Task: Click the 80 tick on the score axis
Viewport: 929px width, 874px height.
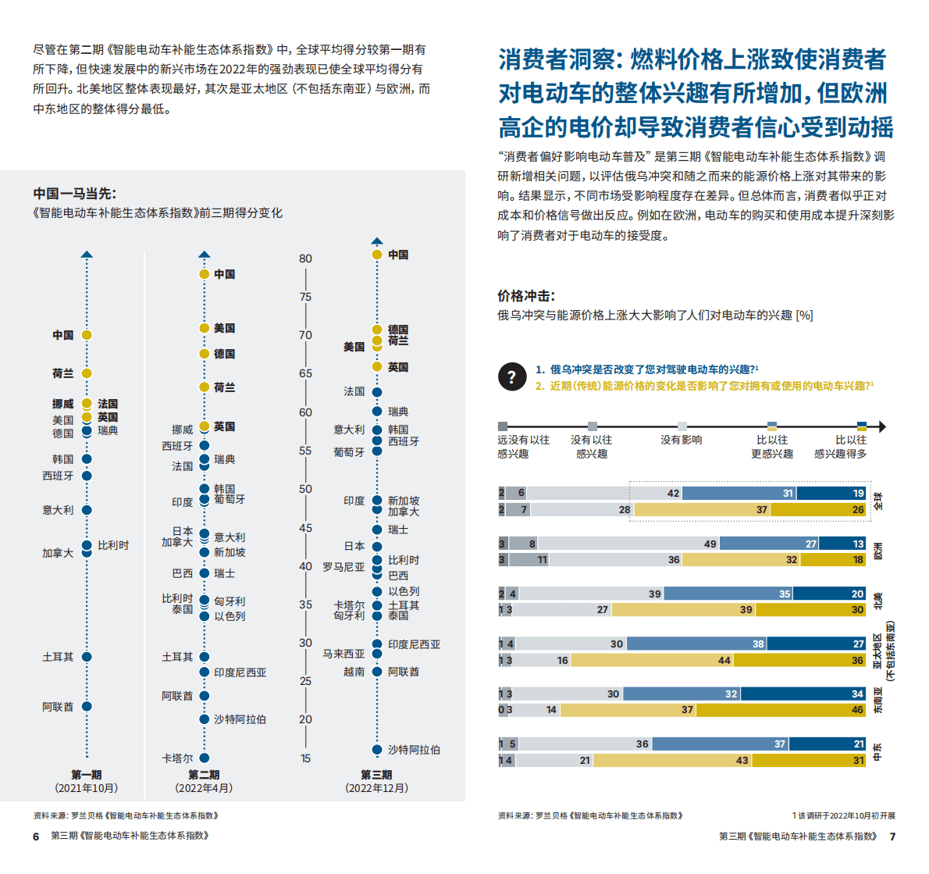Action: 305,259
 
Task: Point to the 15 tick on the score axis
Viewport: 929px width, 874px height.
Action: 305,758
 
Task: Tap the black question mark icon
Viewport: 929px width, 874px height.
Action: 511,377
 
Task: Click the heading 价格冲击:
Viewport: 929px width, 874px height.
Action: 526,296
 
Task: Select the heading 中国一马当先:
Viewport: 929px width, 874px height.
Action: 74,194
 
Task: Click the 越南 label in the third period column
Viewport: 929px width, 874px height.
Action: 354,672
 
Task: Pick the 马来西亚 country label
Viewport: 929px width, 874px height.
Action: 343,654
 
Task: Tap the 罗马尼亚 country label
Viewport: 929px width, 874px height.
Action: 343,567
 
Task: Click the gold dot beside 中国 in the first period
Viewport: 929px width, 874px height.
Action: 87,335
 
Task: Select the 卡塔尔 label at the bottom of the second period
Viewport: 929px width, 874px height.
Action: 177,758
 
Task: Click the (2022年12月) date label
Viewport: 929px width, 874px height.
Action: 376,788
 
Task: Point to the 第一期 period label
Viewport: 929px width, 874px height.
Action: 87,775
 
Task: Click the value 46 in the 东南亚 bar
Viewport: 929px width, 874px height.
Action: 857,710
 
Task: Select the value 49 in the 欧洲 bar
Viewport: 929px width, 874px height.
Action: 710,544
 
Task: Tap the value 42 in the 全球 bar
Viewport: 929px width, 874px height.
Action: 673,494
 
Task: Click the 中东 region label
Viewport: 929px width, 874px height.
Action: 877,752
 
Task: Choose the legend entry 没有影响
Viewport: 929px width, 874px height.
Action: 681,440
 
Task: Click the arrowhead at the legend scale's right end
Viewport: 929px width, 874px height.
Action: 881,426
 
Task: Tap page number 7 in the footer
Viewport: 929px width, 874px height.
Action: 892,837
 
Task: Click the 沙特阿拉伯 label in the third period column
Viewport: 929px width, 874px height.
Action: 414,750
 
